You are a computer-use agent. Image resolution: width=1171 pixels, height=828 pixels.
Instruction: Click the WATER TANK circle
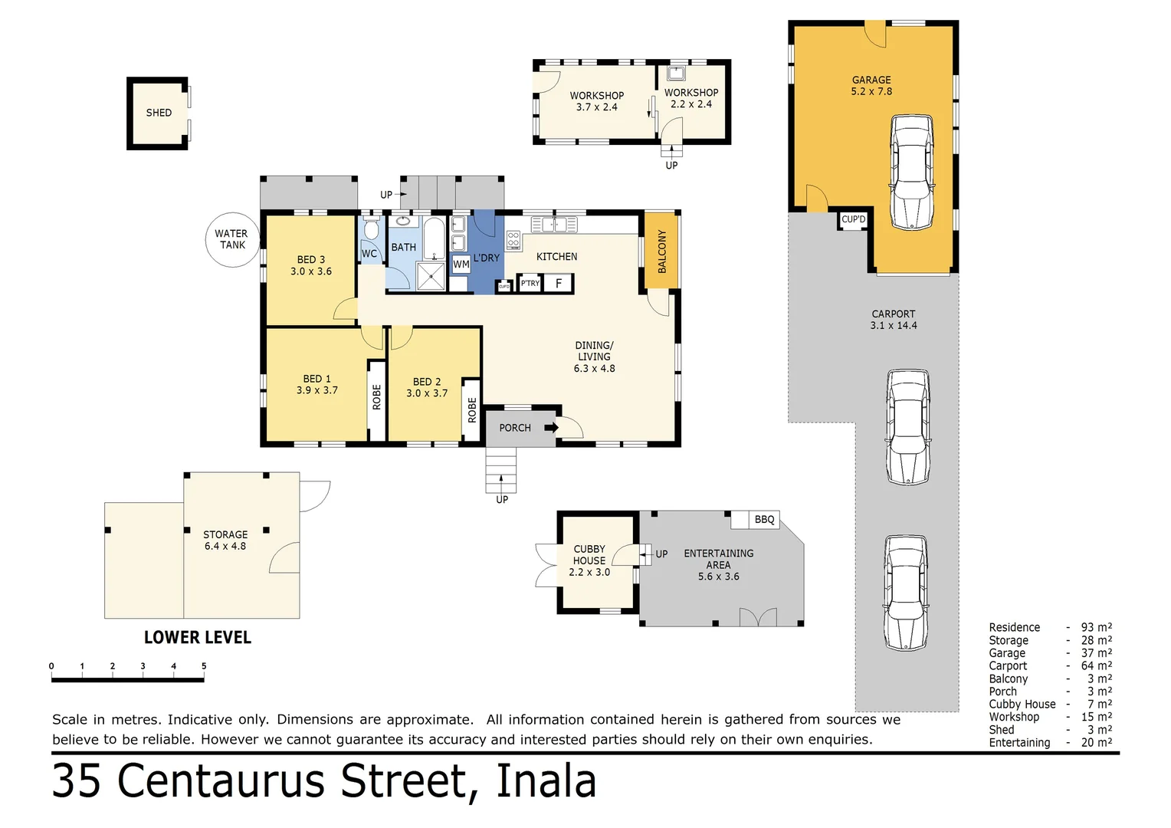[232, 240]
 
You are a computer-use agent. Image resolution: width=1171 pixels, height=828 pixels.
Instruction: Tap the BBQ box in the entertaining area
[763, 520]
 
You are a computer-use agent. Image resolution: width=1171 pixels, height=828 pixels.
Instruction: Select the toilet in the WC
[371, 228]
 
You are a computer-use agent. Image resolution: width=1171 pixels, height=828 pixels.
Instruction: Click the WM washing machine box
[461, 264]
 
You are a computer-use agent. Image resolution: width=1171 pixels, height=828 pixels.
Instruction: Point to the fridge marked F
[559, 284]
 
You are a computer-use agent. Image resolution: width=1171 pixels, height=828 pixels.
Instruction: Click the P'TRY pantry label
[530, 284]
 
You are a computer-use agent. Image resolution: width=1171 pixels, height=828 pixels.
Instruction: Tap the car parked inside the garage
[911, 172]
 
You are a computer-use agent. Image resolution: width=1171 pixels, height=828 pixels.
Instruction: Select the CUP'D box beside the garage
[853, 220]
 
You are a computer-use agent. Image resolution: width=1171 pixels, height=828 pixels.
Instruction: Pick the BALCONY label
[662, 251]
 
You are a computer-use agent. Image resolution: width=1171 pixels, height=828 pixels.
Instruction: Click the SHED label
[159, 113]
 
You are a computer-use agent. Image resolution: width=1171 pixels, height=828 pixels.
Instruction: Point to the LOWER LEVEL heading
[198, 638]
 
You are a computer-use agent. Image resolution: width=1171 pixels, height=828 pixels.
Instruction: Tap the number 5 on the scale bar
[204, 666]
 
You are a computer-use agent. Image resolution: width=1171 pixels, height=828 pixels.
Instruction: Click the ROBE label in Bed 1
[376, 397]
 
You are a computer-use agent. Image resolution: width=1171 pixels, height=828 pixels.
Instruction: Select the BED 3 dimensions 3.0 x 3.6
[311, 271]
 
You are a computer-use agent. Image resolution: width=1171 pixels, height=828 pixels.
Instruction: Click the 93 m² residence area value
[1096, 627]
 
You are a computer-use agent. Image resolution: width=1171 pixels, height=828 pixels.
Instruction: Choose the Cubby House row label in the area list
[1022, 705]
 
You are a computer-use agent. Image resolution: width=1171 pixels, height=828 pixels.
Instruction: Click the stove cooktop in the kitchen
[513, 240]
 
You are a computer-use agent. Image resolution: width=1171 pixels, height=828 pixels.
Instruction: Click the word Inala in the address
[546, 782]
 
